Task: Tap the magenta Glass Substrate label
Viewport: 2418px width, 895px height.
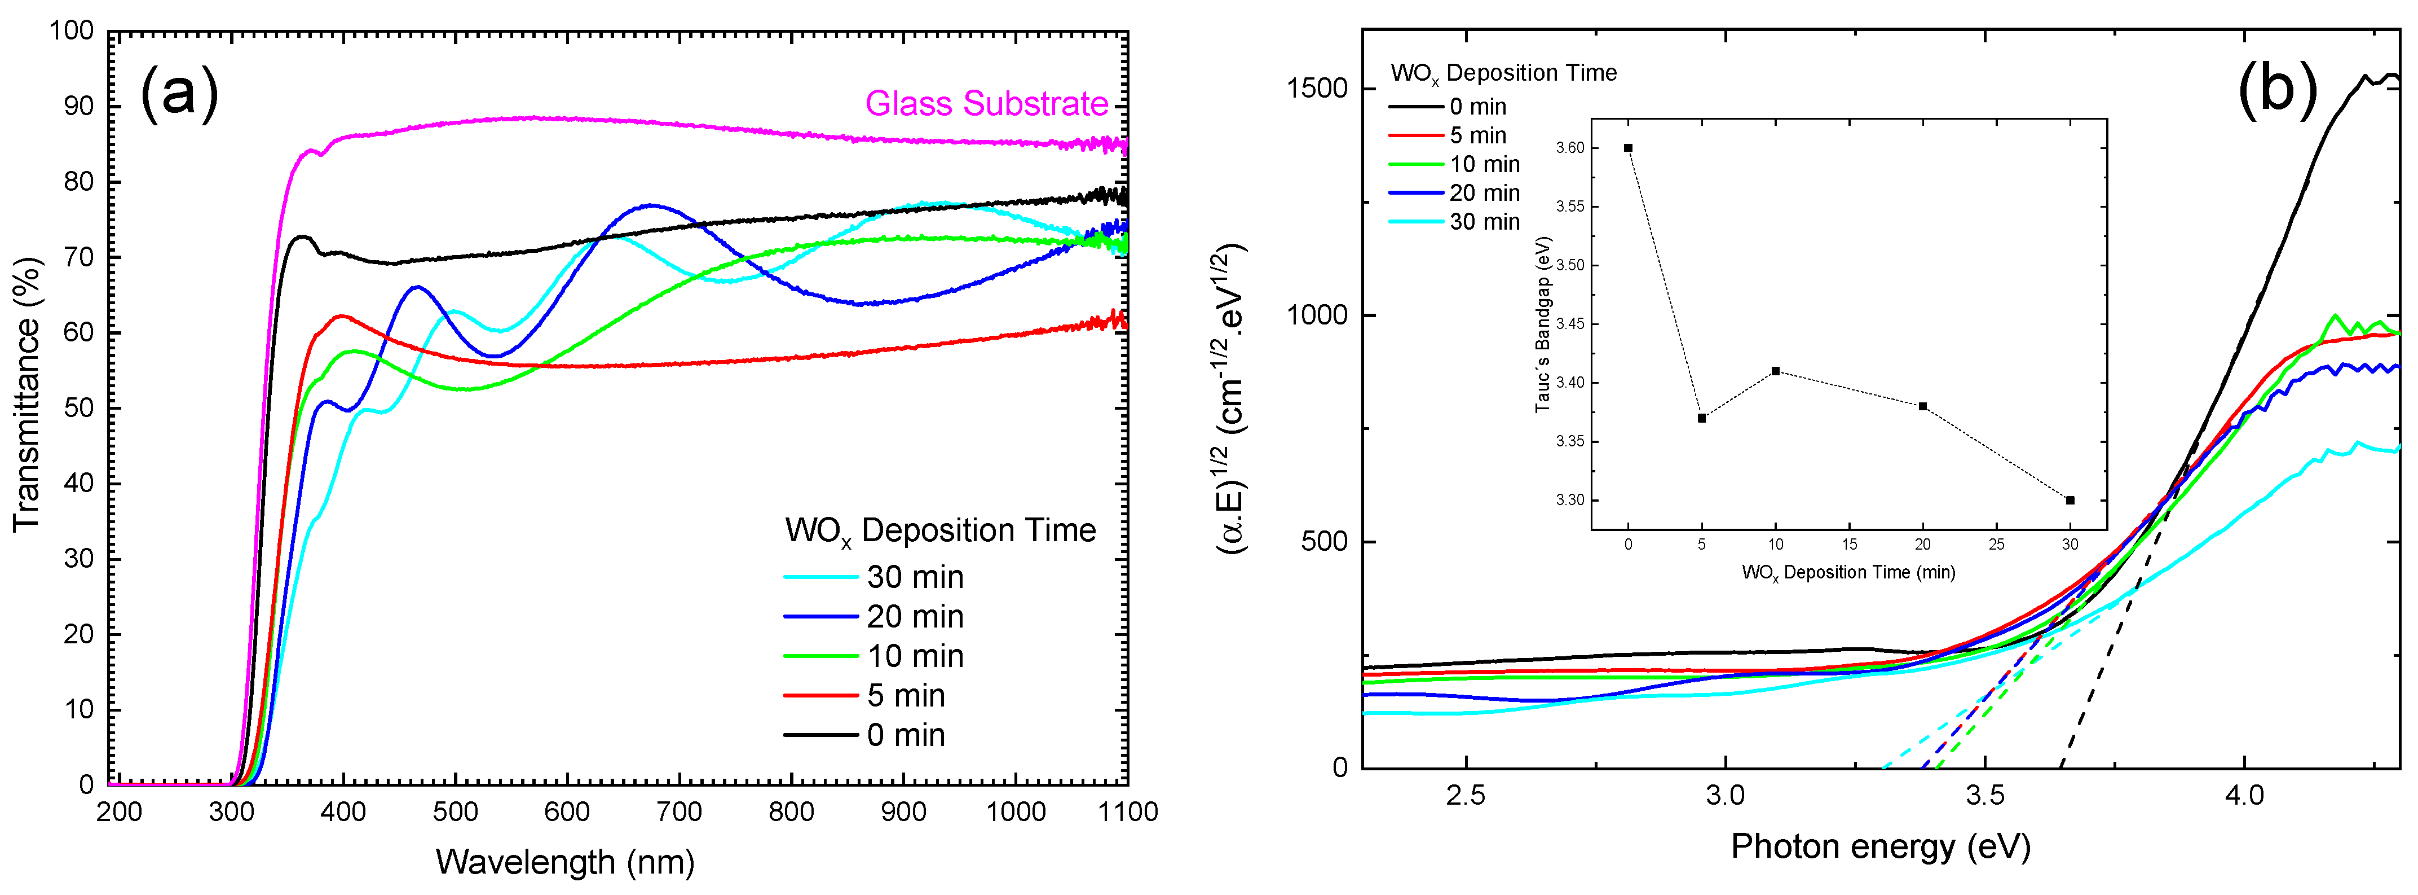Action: coord(986,103)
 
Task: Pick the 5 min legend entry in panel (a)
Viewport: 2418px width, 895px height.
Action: coord(905,695)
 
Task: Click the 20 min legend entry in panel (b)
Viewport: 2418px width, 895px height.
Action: coord(1483,192)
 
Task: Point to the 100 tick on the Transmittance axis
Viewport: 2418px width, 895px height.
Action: coord(72,31)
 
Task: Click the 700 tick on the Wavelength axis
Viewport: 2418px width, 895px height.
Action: coord(679,811)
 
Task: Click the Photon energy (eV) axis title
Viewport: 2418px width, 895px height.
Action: coord(1880,846)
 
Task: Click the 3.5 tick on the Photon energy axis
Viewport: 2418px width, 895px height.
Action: coord(1984,796)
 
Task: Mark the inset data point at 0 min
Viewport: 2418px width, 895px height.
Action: coord(1627,147)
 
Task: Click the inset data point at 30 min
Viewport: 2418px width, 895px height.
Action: coord(2070,499)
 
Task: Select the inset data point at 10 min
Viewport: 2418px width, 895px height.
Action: coord(1775,371)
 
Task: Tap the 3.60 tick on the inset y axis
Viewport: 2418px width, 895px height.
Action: coord(1569,147)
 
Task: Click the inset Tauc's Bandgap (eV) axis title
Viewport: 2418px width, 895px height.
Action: coord(1541,324)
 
